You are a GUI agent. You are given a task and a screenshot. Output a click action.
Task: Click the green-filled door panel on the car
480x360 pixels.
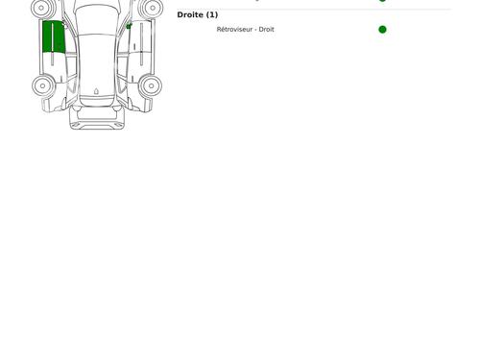(54, 36)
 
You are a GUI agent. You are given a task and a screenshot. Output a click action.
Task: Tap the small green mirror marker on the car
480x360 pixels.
(129, 26)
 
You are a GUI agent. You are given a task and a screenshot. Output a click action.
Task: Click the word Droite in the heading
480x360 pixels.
(190, 15)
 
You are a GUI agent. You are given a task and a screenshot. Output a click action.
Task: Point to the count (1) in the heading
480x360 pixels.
(212, 15)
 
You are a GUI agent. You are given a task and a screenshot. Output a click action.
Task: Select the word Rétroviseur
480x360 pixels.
(234, 30)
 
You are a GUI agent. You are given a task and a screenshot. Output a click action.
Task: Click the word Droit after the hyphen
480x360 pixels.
(267, 30)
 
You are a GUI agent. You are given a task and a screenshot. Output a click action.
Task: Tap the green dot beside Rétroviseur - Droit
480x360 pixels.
(382, 30)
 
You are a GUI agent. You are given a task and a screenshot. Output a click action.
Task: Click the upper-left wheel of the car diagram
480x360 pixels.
(42, 8)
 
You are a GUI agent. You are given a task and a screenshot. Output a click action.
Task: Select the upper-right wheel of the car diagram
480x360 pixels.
(152, 8)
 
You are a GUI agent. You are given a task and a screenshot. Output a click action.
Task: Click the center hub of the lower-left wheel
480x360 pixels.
(42, 85)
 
